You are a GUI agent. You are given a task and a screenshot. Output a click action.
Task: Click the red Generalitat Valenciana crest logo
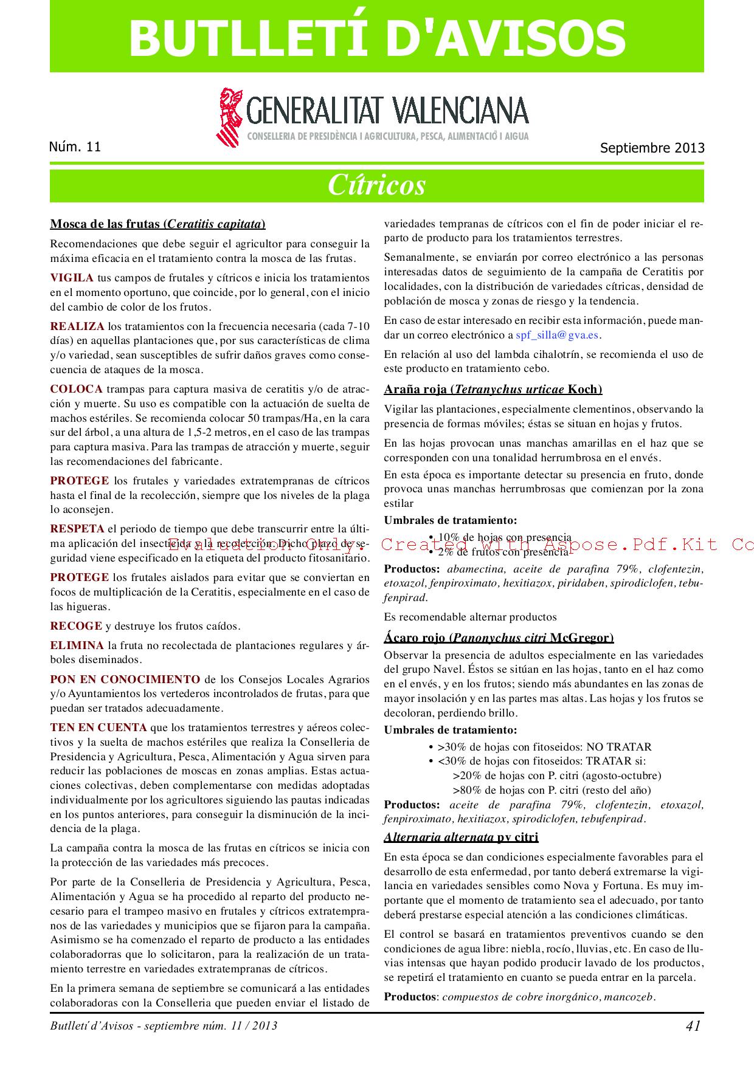229,115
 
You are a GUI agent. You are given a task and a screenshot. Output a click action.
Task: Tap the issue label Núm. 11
75,146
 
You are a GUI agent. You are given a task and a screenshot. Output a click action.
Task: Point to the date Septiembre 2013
652,148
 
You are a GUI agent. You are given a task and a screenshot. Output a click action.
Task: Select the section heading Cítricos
377,185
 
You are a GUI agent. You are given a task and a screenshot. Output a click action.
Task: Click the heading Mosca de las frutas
157,224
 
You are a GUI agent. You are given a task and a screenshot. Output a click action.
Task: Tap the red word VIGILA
72,278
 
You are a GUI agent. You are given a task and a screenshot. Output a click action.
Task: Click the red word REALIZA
77,326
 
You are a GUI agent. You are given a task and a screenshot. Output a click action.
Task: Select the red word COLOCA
77,389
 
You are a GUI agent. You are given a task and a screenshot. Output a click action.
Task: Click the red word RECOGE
76,626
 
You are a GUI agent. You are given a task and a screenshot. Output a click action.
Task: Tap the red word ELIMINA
77,645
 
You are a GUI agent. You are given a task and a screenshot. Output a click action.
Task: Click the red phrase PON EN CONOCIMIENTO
125,679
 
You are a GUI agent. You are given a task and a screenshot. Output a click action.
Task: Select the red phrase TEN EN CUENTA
99,727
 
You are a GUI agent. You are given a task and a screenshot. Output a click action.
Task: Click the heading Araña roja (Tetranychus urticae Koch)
493,390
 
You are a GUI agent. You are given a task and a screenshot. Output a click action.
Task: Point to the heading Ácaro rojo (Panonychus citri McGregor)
499,638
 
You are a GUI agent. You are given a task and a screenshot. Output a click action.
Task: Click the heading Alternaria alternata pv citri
461,837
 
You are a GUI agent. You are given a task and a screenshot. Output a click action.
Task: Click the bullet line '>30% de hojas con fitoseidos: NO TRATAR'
544,747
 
